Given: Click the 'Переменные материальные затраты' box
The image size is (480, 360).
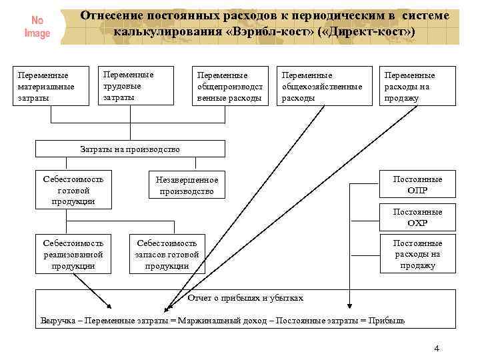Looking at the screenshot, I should (x=52, y=86).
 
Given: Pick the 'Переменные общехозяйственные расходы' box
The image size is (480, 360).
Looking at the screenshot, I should (x=323, y=86).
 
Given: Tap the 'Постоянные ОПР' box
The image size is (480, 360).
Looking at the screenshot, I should (x=417, y=185).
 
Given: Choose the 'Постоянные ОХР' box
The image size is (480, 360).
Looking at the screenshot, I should (x=417, y=217).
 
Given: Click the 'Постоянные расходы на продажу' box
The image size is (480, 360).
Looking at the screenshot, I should (x=417, y=254).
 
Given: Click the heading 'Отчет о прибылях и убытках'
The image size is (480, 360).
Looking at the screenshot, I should (x=246, y=298).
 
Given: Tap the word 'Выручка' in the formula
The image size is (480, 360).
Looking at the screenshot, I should (x=58, y=320).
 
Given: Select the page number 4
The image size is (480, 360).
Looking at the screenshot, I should (x=437, y=349).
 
